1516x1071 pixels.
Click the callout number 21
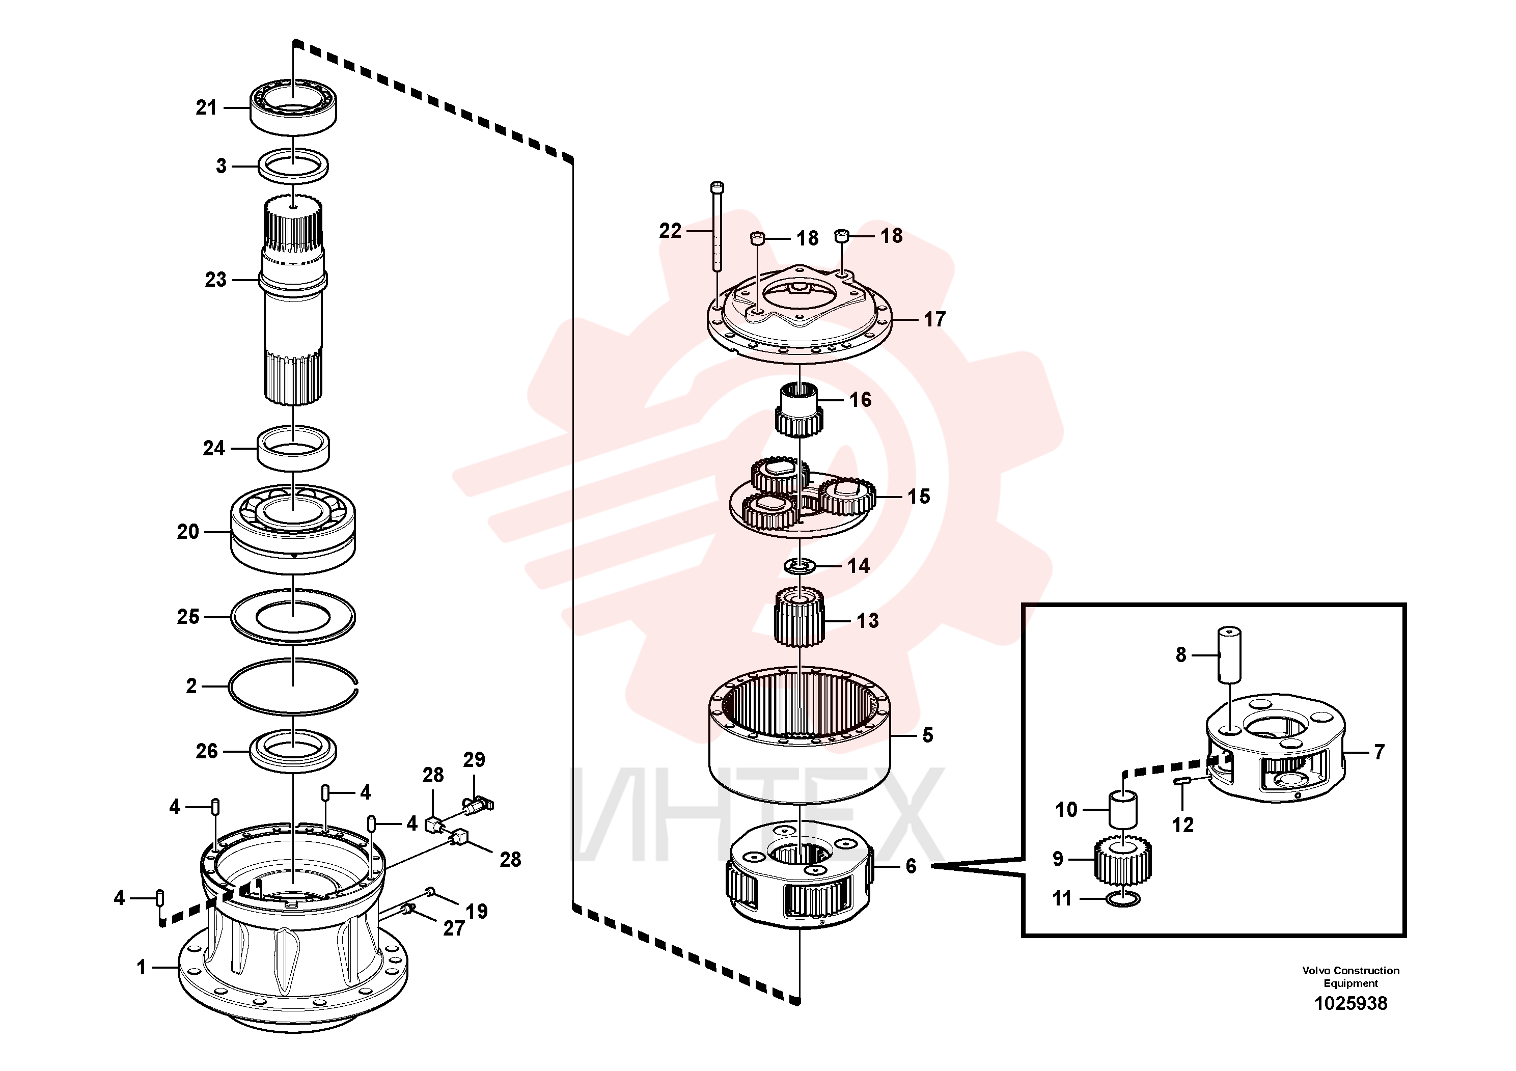point(206,107)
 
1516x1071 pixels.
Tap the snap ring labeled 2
point(293,686)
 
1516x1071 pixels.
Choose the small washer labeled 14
point(800,566)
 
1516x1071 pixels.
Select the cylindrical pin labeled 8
point(1229,654)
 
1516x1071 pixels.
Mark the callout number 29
point(474,759)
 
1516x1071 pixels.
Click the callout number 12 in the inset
point(1182,825)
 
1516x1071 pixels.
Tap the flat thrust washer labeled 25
point(293,617)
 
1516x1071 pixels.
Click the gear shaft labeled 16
point(799,410)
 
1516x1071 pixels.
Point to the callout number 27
point(454,928)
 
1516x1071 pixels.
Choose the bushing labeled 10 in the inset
point(1123,810)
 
